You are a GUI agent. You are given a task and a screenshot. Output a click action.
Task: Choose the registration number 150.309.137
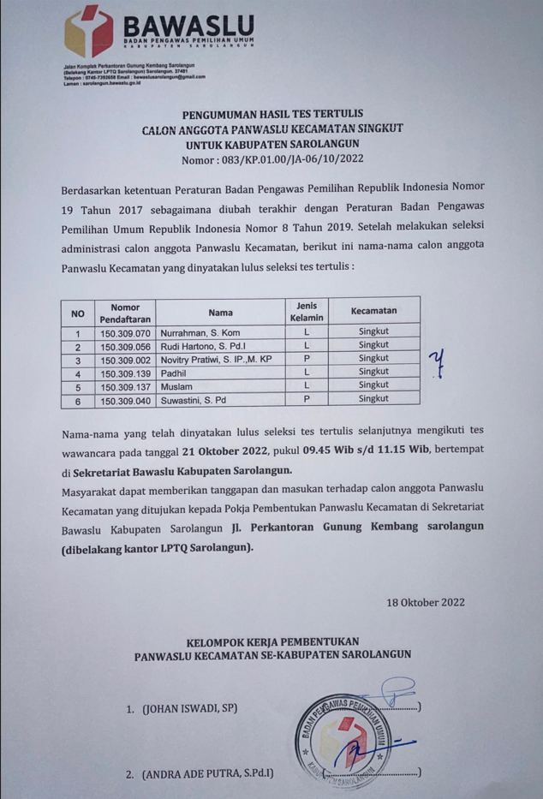click(125, 386)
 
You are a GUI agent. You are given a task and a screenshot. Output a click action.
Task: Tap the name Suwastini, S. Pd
click(198, 399)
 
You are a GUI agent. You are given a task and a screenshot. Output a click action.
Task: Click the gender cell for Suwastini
click(306, 399)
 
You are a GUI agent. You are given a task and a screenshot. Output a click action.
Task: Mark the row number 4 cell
click(78, 373)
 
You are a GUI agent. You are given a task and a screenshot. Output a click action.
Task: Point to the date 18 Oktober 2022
click(426, 601)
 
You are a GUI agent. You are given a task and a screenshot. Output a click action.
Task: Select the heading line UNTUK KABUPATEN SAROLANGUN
click(271, 143)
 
